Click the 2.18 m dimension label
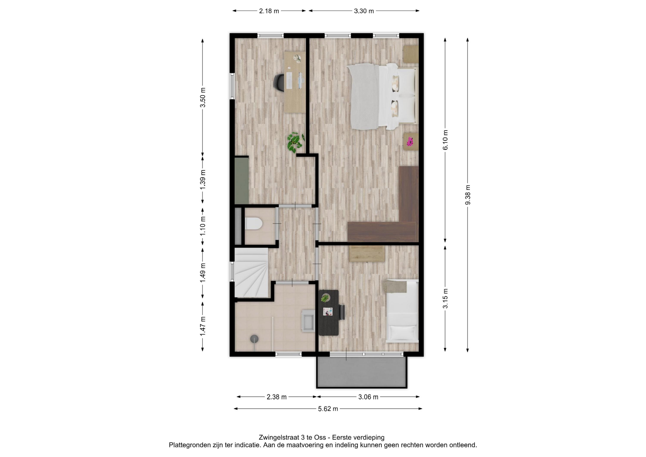[269, 11]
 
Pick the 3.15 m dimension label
[445, 298]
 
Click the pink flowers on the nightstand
[410, 142]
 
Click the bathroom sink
[308, 321]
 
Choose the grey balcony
[362, 372]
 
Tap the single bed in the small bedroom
[402, 311]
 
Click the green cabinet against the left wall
[241, 181]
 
